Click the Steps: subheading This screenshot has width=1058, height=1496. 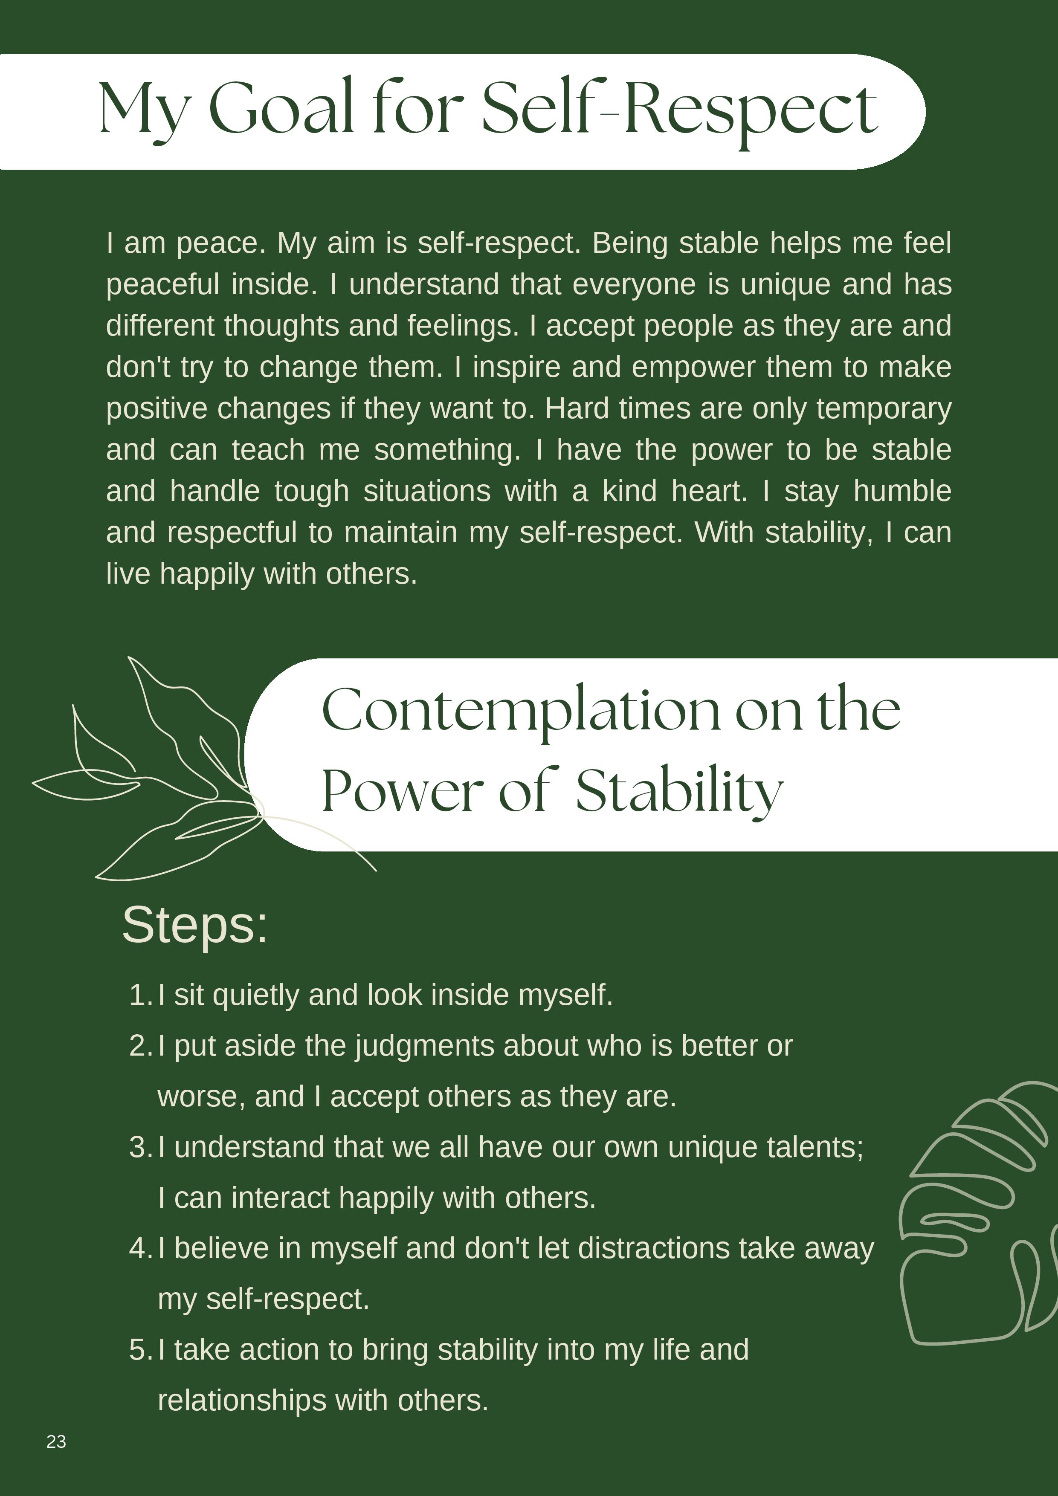(x=194, y=925)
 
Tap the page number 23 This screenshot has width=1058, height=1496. (x=56, y=1441)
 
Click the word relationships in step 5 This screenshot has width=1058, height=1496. (x=241, y=1400)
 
